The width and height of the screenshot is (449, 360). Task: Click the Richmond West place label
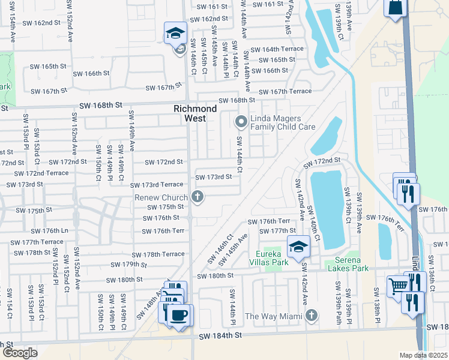pos(195,113)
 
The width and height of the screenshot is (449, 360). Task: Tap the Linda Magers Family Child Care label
pos(283,122)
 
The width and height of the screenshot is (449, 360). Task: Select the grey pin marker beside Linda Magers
pos(241,122)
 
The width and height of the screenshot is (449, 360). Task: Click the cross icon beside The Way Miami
pos(311,315)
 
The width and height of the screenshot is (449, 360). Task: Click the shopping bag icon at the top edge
pos(396,8)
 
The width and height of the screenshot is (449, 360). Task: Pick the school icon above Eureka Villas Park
pos(298,246)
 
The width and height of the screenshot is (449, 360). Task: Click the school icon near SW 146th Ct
pos(176,32)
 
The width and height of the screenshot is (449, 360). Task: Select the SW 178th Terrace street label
pos(158,255)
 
